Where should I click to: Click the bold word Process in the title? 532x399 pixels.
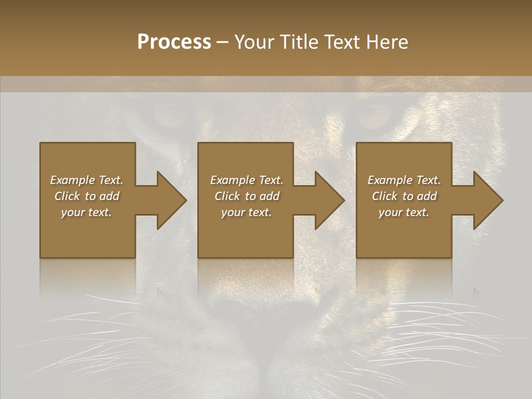pos(174,42)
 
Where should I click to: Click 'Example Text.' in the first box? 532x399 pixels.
pos(86,180)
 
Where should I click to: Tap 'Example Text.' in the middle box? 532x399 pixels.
pos(247,180)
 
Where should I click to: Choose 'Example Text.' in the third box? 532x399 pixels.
pos(404,180)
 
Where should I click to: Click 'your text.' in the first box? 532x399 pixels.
pos(86,212)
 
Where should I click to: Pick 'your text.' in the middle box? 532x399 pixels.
pos(247,212)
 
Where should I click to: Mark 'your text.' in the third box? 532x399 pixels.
pos(404,212)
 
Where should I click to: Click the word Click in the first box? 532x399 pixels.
pos(67,196)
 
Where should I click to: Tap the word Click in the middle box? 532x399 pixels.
pos(227,196)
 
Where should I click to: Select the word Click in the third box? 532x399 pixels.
pos(385,196)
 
